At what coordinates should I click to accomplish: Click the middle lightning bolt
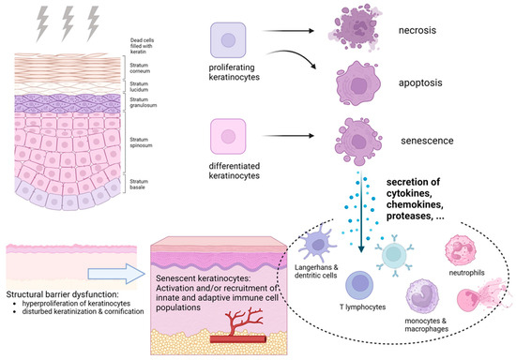66,20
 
